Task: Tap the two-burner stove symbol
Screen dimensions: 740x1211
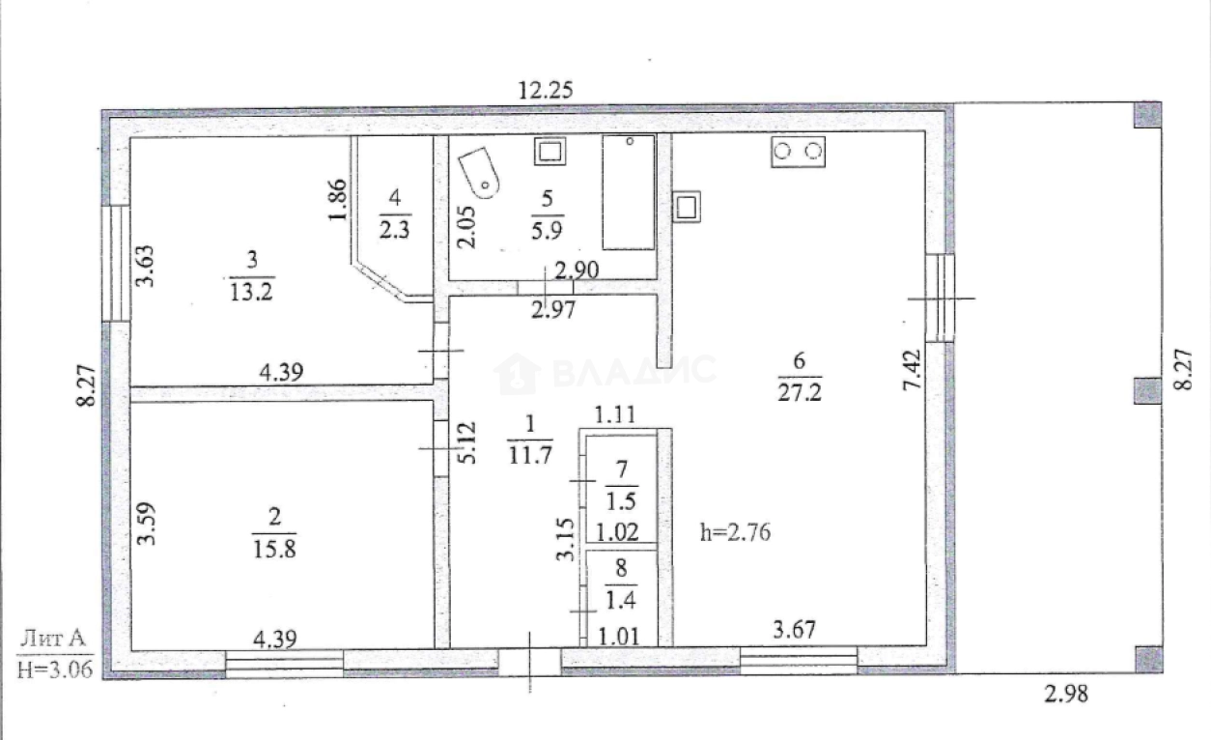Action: pyautogui.click(x=799, y=152)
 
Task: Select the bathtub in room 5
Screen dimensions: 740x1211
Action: pyautogui.click(x=628, y=192)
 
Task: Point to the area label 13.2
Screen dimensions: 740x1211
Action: pyautogui.click(x=251, y=290)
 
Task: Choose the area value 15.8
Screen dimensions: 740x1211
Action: pyautogui.click(x=273, y=548)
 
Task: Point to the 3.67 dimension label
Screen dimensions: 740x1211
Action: pyautogui.click(x=798, y=631)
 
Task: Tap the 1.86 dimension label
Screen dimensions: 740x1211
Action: pyautogui.click(x=335, y=200)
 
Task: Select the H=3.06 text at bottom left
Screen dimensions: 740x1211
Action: pyautogui.click(x=55, y=669)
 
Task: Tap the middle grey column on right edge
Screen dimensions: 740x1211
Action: pyautogui.click(x=1146, y=390)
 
